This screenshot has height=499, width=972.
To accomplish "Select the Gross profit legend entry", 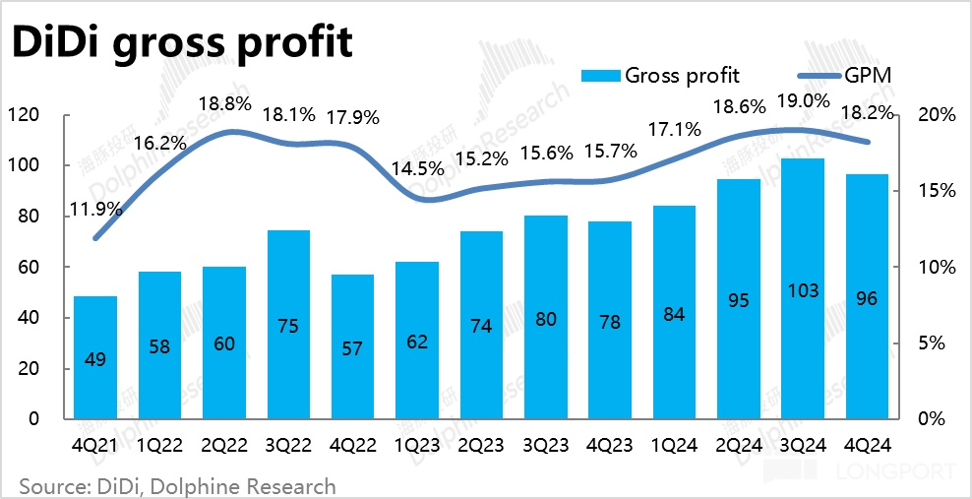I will (660, 75).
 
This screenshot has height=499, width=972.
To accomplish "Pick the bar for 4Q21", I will (95, 357).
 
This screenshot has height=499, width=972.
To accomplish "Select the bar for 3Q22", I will (288, 325).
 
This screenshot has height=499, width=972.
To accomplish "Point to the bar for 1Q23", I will (416, 340).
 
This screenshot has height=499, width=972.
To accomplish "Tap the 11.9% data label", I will (95, 209).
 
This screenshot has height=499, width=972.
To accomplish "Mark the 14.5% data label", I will (416, 167).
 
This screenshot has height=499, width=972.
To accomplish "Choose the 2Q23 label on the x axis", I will (481, 445).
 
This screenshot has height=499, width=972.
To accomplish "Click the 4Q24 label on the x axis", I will (866, 445).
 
